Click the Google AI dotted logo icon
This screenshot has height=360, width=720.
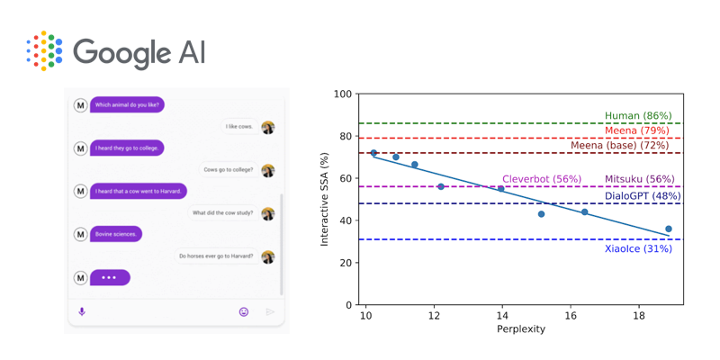tap(44, 50)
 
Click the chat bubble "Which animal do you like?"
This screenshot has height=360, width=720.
tap(127, 105)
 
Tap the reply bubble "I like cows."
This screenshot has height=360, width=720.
tap(238, 127)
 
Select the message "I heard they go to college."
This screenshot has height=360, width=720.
tap(129, 148)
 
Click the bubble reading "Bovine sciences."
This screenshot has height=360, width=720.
tap(116, 234)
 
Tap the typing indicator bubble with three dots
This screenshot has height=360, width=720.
tap(110, 277)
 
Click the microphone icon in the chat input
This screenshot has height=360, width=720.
tap(82, 311)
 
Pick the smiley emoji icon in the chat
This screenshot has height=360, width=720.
tap(243, 311)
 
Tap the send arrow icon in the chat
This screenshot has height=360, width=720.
tap(269, 311)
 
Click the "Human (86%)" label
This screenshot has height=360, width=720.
tap(638, 116)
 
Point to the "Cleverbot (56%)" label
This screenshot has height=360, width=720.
tap(542, 179)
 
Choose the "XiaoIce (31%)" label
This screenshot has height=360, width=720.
tap(638, 248)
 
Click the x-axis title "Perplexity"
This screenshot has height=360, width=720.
tap(521, 329)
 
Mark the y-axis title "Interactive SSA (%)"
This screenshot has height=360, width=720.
tap(326, 199)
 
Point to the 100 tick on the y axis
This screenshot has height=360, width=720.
tap(342, 94)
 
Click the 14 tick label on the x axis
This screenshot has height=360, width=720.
tap(502, 316)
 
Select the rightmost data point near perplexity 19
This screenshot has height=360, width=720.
tap(668, 229)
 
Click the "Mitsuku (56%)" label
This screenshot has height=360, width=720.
tap(639, 179)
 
